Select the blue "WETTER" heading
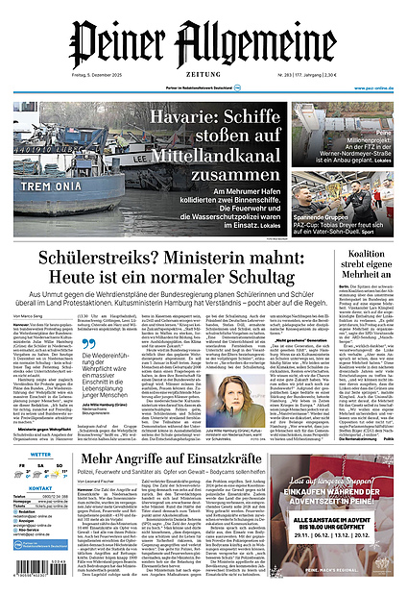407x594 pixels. pos(40,454)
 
